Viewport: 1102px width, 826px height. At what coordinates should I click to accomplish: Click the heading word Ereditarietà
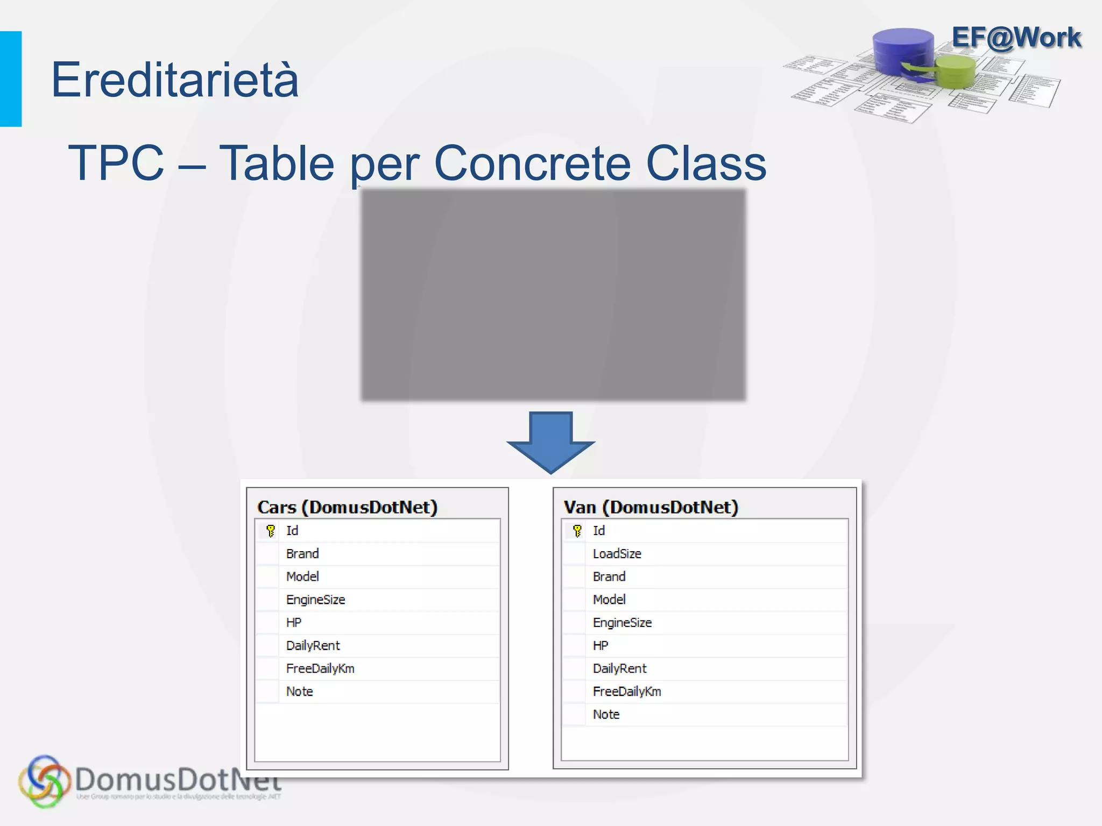coord(174,80)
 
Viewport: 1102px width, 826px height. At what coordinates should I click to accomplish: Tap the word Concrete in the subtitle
coord(532,163)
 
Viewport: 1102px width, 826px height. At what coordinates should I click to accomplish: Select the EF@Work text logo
coord(1016,38)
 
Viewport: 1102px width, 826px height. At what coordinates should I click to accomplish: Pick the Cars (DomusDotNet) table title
coord(347,507)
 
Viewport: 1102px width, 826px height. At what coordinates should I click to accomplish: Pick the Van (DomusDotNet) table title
coord(651,507)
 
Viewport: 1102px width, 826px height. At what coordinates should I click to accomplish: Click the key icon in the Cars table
coord(271,531)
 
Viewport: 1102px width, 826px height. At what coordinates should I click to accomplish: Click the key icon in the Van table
coord(577,531)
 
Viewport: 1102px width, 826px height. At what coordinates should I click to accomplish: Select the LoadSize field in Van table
coord(617,554)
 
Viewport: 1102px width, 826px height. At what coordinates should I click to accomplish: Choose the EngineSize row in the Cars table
coord(315,600)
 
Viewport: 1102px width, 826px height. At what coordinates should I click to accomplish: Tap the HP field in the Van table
coord(601,646)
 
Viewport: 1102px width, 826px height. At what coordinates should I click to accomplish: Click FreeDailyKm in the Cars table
coord(320,668)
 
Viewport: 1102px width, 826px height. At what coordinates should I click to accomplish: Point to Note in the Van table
coord(606,715)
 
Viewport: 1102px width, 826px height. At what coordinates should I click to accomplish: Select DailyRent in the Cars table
coord(313,646)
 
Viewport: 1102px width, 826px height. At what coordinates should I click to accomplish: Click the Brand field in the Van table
coord(609,577)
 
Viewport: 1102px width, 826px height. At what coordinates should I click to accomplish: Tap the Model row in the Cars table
coord(302,577)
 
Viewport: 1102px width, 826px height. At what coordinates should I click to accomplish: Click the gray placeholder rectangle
coord(553,295)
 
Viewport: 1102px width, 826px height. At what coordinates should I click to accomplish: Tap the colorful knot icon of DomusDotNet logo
coord(44,781)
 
